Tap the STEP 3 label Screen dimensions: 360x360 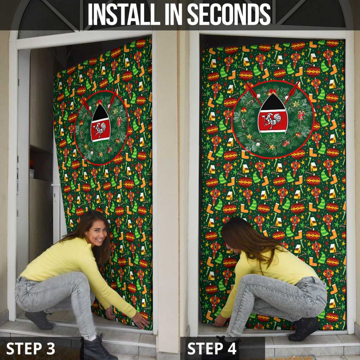tap(31, 348)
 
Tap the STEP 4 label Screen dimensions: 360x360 tap(212, 348)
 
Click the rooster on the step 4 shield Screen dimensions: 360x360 tap(273, 121)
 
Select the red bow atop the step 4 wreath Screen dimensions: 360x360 tap(271, 92)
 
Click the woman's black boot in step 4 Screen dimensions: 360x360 tap(304, 328)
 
